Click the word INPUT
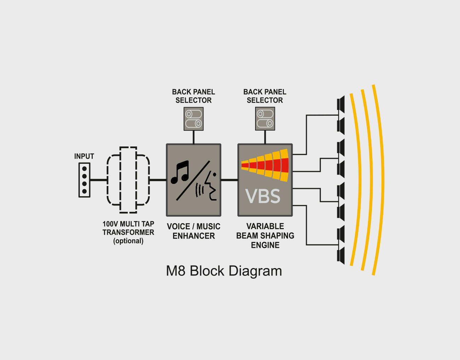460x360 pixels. coord(84,156)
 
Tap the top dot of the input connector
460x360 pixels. coord(84,169)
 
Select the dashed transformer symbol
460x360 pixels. coord(128,180)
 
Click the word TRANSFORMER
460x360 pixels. coord(128,232)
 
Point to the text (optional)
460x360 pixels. coord(128,241)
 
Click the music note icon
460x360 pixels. coord(180,172)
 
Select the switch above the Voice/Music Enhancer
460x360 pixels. coord(194,119)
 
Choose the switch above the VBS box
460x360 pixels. coord(265,119)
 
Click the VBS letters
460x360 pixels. coord(263,196)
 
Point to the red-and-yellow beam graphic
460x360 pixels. coord(265,165)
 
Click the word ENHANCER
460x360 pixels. coord(194,236)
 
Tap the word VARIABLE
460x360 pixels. coord(265,226)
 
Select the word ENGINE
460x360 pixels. coord(265,245)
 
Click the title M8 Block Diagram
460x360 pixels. coord(224,271)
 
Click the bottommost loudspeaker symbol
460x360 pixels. coord(341,255)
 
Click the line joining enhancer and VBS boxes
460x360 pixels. coord(229,180)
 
